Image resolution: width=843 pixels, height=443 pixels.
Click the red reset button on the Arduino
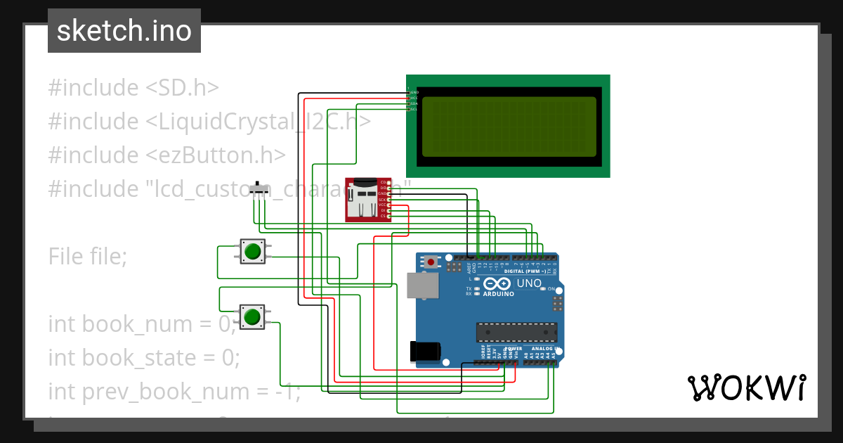(x=431, y=262)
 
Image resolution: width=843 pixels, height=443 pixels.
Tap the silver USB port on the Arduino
(x=421, y=285)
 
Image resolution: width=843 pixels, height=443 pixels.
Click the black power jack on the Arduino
(x=426, y=351)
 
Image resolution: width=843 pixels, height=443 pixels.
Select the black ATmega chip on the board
(x=517, y=332)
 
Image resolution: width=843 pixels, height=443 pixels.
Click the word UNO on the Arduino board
(x=529, y=283)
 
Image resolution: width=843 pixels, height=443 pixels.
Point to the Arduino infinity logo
(x=498, y=283)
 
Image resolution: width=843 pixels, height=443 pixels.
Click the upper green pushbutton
(x=253, y=251)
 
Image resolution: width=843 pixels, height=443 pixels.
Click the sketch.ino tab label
(x=124, y=31)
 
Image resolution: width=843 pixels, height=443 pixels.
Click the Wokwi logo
(x=746, y=388)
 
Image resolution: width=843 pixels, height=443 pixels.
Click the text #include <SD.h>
(x=133, y=88)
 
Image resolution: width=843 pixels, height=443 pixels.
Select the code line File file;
(x=88, y=257)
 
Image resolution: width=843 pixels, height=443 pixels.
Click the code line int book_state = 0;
(x=144, y=358)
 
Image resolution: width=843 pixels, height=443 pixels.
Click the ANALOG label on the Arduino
(x=542, y=349)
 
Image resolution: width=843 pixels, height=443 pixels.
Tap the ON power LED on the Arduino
(x=542, y=289)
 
